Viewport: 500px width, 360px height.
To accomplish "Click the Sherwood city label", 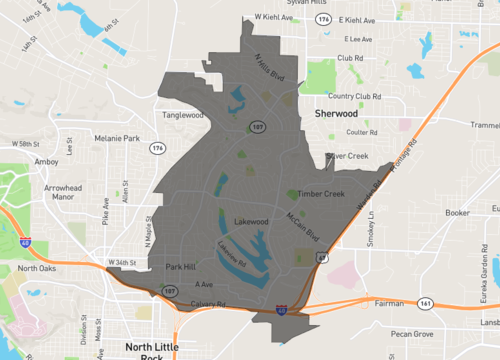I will point(336,115).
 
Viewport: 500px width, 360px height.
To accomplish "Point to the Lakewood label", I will point(252,221).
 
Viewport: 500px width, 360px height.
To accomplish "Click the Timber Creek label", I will point(322,194).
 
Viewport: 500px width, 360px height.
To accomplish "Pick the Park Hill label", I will point(182,268).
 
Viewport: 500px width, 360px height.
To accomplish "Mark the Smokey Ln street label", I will point(372,229).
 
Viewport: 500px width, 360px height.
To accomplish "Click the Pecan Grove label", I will point(413,333).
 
